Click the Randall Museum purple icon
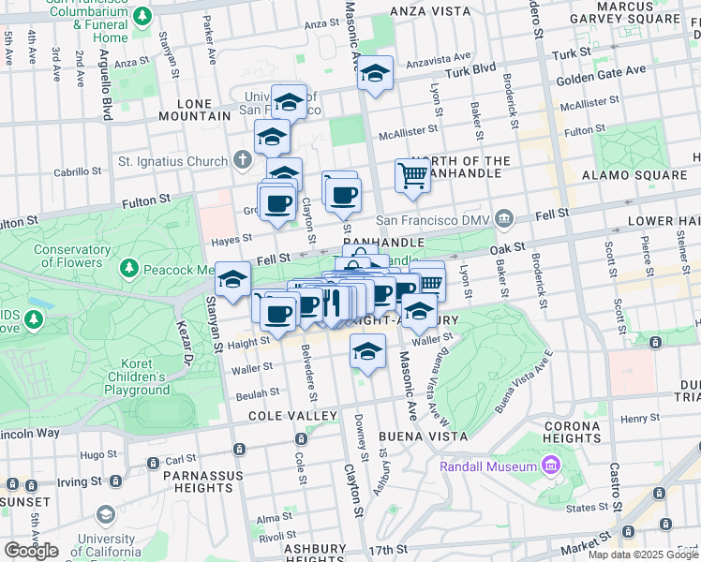(x=550, y=466)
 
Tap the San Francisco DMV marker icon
(x=505, y=219)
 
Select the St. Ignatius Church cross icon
(x=243, y=160)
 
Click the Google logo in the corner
(x=31, y=550)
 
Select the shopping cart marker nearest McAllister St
(x=412, y=175)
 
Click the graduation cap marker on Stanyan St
(x=232, y=279)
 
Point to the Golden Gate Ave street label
(x=601, y=72)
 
